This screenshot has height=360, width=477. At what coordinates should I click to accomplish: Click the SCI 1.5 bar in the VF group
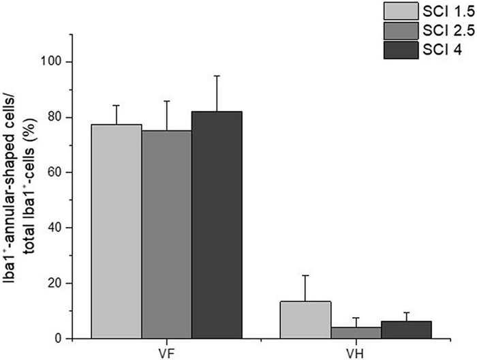click(x=117, y=231)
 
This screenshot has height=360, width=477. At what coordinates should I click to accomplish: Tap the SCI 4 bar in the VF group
click(x=217, y=224)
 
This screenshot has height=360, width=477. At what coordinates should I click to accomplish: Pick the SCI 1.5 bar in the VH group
click(x=306, y=320)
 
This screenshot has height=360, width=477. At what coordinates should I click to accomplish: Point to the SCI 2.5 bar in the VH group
click(x=356, y=333)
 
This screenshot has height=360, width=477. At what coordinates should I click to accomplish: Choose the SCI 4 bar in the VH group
click(x=406, y=330)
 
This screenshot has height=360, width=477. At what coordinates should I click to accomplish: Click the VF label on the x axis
click(x=167, y=352)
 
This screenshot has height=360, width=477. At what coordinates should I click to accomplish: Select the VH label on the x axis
click(x=356, y=352)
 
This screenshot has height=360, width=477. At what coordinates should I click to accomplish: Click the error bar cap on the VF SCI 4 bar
click(x=217, y=76)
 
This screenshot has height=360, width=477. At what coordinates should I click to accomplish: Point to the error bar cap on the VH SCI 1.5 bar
click(x=306, y=275)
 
